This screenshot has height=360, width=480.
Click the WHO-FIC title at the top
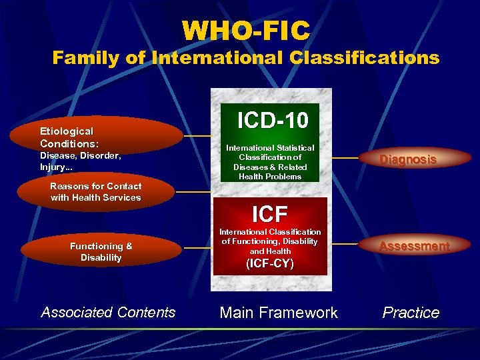click(246, 30)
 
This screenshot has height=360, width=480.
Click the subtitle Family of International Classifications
click(246, 58)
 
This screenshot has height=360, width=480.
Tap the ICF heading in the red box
click(270, 214)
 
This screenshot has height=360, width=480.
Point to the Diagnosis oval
click(408, 159)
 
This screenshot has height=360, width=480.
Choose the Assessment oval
click(414, 246)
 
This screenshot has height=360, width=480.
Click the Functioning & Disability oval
click(101, 251)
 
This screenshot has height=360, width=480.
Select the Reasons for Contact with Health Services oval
click(96, 192)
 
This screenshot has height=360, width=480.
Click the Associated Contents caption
click(108, 312)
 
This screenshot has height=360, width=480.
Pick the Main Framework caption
click(279, 313)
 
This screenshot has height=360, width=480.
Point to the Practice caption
click(411, 313)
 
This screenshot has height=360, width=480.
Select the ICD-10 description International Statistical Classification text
click(270, 162)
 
